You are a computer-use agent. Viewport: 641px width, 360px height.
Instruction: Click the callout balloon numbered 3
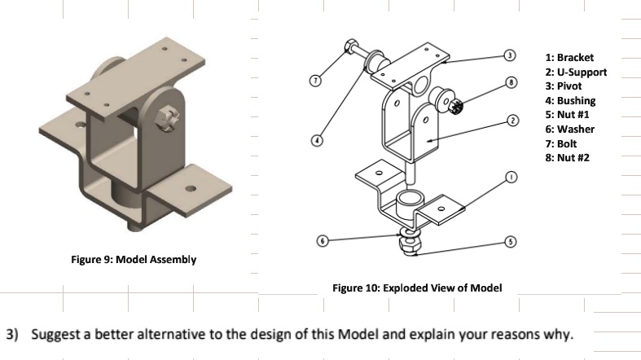coord(511,55)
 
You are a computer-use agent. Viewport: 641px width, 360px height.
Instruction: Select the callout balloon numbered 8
coord(511,81)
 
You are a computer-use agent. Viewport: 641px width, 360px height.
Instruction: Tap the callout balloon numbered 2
coord(512,121)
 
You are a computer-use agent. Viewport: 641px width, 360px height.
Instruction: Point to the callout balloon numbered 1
coord(511,177)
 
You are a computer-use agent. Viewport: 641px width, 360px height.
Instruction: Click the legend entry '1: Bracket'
coord(569,58)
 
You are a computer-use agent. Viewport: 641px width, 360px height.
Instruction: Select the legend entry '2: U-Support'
coord(576,72)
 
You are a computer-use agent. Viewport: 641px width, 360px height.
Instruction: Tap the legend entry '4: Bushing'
coord(570,100)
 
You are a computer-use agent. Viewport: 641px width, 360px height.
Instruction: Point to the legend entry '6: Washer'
coord(569,129)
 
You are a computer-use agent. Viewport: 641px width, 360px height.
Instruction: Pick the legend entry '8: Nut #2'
coord(567,157)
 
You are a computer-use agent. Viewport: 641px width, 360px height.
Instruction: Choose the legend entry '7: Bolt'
coord(561,143)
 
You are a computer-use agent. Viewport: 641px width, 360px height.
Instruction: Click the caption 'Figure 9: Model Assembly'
coord(133,260)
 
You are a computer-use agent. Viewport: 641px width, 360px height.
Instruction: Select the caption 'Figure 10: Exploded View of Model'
coord(417,288)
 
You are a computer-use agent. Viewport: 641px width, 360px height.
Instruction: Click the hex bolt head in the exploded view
coord(350,46)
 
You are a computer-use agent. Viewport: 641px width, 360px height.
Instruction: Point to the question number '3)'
coord(14,335)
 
